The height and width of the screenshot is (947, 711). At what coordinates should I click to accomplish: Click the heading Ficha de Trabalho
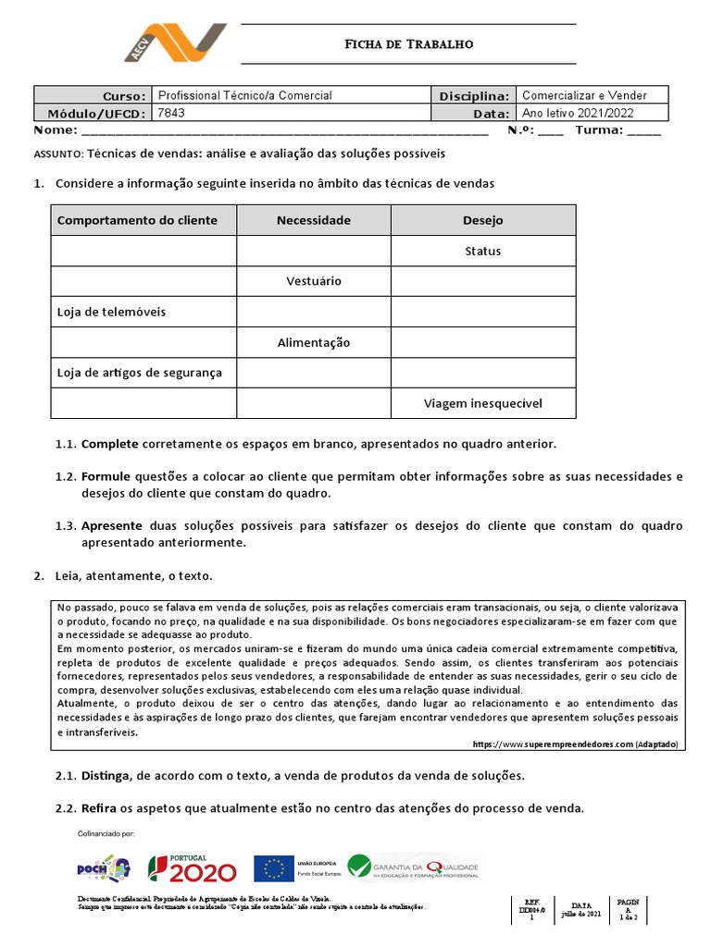(x=408, y=43)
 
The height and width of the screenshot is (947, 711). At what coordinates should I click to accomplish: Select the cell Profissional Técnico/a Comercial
(x=245, y=95)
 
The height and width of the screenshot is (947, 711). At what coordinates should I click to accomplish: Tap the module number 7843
(x=172, y=113)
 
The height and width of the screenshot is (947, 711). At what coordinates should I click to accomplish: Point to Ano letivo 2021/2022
(x=579, y=113)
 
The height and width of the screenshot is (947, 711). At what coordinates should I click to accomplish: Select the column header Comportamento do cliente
(x=137, y=220)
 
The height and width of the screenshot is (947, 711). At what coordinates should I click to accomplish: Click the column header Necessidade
(x=314, y=220)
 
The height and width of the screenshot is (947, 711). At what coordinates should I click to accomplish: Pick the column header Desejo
(x=482, y=220)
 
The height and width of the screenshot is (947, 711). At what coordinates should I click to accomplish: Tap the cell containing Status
(x=482, y=251)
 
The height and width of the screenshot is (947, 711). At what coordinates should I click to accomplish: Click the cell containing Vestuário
(x=314, y=281)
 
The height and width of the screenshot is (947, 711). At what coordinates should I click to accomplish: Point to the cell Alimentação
(x=314, y=342)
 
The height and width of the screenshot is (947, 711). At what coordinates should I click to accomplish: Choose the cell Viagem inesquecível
(x=482, y=403)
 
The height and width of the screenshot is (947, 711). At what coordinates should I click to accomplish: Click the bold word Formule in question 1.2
(x=106, y=476)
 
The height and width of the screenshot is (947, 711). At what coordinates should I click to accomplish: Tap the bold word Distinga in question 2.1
(x=107, y=775)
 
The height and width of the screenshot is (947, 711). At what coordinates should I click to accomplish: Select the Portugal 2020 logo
(x=193, y=868)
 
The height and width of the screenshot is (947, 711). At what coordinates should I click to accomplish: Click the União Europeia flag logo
(x=274, y=868)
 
